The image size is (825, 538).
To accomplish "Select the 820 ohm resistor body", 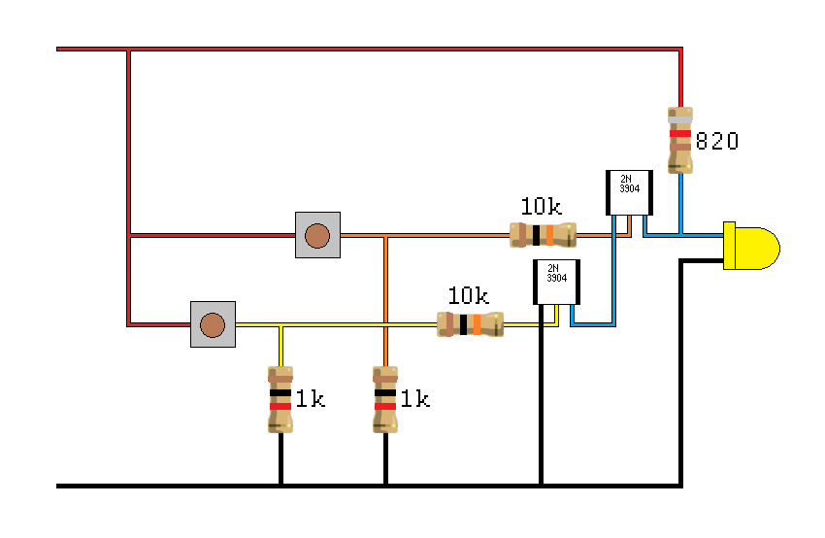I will tap(680, 140).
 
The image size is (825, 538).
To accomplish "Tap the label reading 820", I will tap(717, 142).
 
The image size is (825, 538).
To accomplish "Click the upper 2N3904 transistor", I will tap(628, 192).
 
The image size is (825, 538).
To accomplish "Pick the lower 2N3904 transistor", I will tap(555, 282).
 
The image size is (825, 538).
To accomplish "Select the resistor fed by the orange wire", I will tap(543, 234).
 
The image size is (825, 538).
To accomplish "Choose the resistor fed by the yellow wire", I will tap(470, 324).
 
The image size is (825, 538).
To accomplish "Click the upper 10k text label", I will tap(541, 206).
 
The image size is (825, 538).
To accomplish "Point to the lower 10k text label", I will tap(468, 295).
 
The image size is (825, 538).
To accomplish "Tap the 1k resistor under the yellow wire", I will tap(280, 399).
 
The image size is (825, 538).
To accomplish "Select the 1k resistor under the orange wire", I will tap(385, 399).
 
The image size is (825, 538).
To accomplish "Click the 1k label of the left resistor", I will tap(310, 398).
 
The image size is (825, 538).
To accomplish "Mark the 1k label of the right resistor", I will tap(414, 398).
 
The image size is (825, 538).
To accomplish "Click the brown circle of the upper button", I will tap(316, 235).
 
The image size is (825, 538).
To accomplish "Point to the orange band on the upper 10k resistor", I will tap(549, 234).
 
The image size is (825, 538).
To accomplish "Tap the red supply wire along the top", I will tap(388, 49).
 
